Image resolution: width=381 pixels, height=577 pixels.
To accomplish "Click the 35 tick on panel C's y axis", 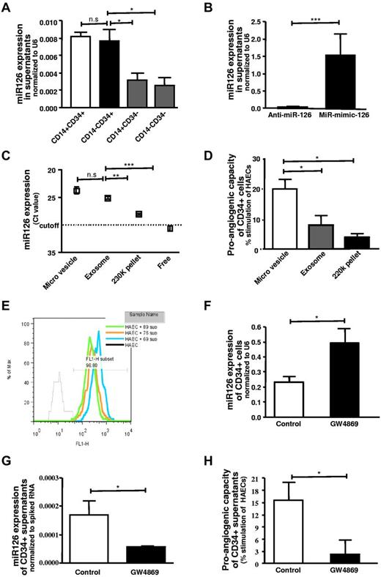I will pyautogui.click(x=53, y=253).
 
